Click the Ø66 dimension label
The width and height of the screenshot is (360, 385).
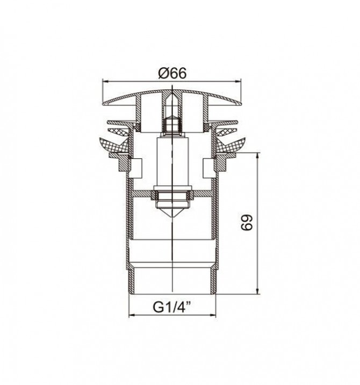coord(172,73)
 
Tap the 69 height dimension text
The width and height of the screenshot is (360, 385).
coord(247,223)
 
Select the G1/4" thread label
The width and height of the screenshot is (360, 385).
coord(172,307)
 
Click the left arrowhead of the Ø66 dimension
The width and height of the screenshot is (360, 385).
coord(105,82)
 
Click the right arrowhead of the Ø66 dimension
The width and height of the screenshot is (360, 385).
coord(238,82)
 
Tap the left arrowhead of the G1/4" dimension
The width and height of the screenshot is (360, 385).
coord(132,315)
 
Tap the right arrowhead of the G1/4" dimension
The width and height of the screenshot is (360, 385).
coord(212,315)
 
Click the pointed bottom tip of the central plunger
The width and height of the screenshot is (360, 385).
coord(173,217)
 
